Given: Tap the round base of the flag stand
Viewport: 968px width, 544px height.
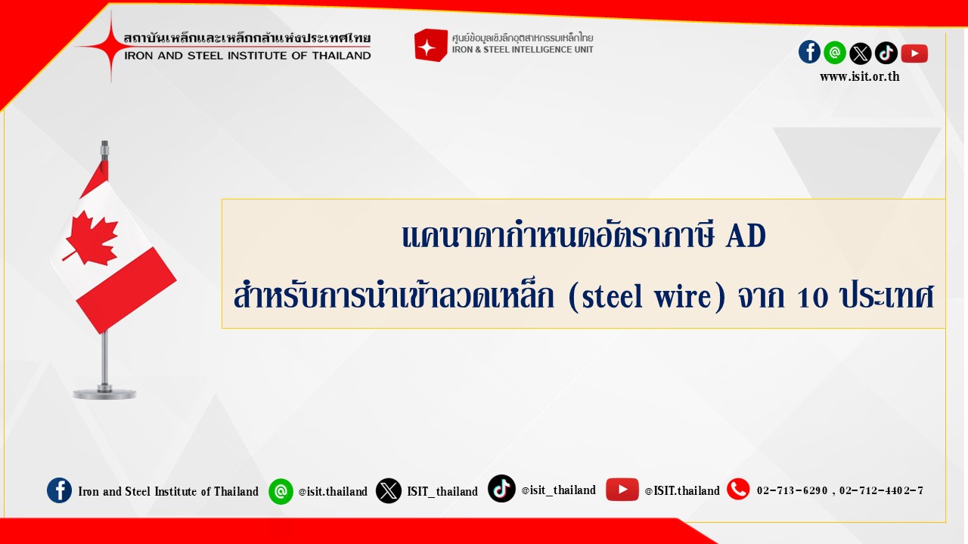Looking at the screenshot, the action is [104, 394].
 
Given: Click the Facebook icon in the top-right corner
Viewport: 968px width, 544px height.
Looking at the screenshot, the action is [809, 52].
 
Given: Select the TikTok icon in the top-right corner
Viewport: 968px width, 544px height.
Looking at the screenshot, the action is [886, 53].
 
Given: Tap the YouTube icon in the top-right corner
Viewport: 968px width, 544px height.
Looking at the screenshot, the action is [914, 54].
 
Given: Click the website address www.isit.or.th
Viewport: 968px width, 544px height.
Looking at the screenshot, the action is [860, 77].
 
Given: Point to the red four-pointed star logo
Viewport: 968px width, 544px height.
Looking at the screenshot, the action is [110, 46].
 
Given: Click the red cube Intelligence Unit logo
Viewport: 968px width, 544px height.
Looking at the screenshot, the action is [430, 45].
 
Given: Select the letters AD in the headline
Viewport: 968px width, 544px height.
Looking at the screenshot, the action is [746, 236].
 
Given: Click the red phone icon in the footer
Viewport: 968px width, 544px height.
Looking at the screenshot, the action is [738, 490].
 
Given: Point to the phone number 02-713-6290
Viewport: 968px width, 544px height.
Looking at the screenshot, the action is [792, 491].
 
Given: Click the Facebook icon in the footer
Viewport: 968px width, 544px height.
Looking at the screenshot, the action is [59, 490].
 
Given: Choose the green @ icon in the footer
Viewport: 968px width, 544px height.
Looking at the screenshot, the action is [281, 491].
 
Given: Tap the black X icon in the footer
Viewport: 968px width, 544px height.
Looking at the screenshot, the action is [388, 491].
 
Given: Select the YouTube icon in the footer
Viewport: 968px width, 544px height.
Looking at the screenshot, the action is [622, 490].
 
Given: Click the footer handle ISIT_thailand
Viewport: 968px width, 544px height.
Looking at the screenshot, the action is [442, 491].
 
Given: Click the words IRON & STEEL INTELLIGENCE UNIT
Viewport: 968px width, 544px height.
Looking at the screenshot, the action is [523, 50].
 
